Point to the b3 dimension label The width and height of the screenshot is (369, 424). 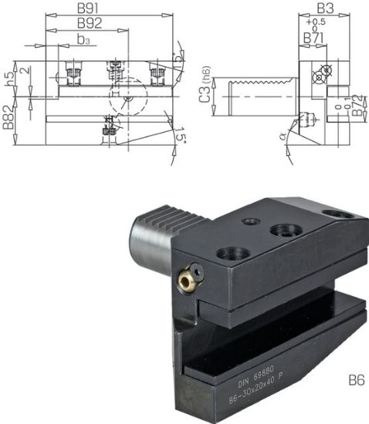[x=85, y=39]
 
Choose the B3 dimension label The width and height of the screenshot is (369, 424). [x=325, y=8]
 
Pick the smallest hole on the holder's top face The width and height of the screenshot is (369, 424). [x=251, y=221]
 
